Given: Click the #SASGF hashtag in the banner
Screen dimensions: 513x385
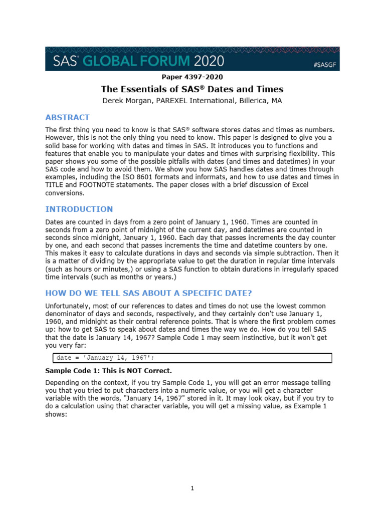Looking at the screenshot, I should [324, 65].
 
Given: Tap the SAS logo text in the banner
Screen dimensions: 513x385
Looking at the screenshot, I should [64, 61].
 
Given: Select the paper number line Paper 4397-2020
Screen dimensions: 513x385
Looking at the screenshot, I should [192, 77].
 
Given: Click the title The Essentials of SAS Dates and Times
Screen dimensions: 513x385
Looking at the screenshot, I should [192, 89].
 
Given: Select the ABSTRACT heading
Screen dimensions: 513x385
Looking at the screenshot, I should [67, 118].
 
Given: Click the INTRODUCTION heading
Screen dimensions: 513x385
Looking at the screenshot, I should [79, 209].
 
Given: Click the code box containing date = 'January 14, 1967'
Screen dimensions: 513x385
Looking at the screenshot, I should [192, 358].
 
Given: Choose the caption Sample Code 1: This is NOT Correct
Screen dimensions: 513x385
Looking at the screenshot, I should [108, 371].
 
